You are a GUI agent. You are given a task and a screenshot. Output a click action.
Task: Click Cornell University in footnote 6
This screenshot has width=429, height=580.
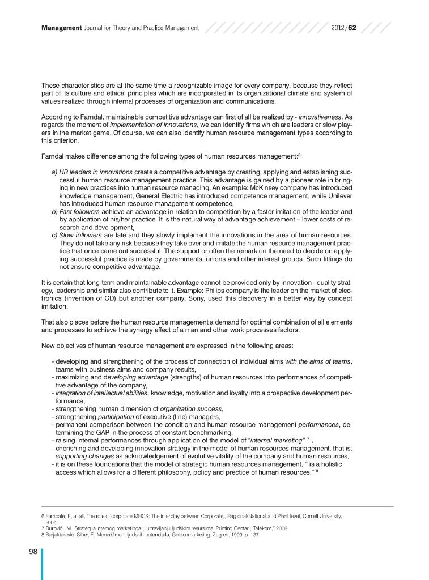pos(321,517)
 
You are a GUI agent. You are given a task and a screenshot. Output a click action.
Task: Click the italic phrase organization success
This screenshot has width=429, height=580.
pos(192,408)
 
